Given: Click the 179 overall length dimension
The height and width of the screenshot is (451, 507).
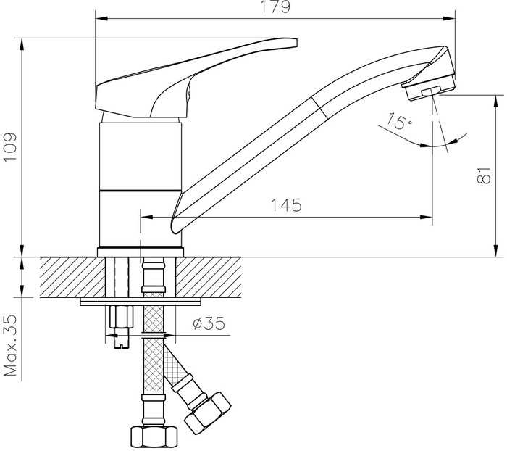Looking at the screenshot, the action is point(275,7).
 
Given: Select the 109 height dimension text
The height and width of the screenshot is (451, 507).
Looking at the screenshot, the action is point(9,146).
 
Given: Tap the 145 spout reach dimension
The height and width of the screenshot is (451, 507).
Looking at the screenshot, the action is point(286,204).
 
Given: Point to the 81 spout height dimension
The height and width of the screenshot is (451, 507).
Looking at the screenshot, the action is point(484,175).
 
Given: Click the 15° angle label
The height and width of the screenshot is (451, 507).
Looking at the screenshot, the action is point(400,121).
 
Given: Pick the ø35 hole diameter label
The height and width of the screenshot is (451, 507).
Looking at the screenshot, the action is point(209,323).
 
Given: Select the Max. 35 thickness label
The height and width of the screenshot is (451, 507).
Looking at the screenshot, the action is point(9,345).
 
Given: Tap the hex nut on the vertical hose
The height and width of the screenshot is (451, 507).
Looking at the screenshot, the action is point(154,436).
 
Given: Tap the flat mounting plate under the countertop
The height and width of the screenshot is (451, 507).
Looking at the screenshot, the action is point(141,302).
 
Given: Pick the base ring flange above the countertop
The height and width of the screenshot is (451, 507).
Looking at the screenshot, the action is point(141,252).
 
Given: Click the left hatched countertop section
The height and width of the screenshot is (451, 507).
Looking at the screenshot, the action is point(72,278).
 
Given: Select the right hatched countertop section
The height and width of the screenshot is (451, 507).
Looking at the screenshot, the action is point(209,278).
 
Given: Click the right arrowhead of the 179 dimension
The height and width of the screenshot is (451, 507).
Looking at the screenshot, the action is point(450,18).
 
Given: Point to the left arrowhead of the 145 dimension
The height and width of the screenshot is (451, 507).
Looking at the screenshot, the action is point(147,217).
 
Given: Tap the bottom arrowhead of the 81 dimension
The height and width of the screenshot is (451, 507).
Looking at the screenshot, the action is point(495,251).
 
